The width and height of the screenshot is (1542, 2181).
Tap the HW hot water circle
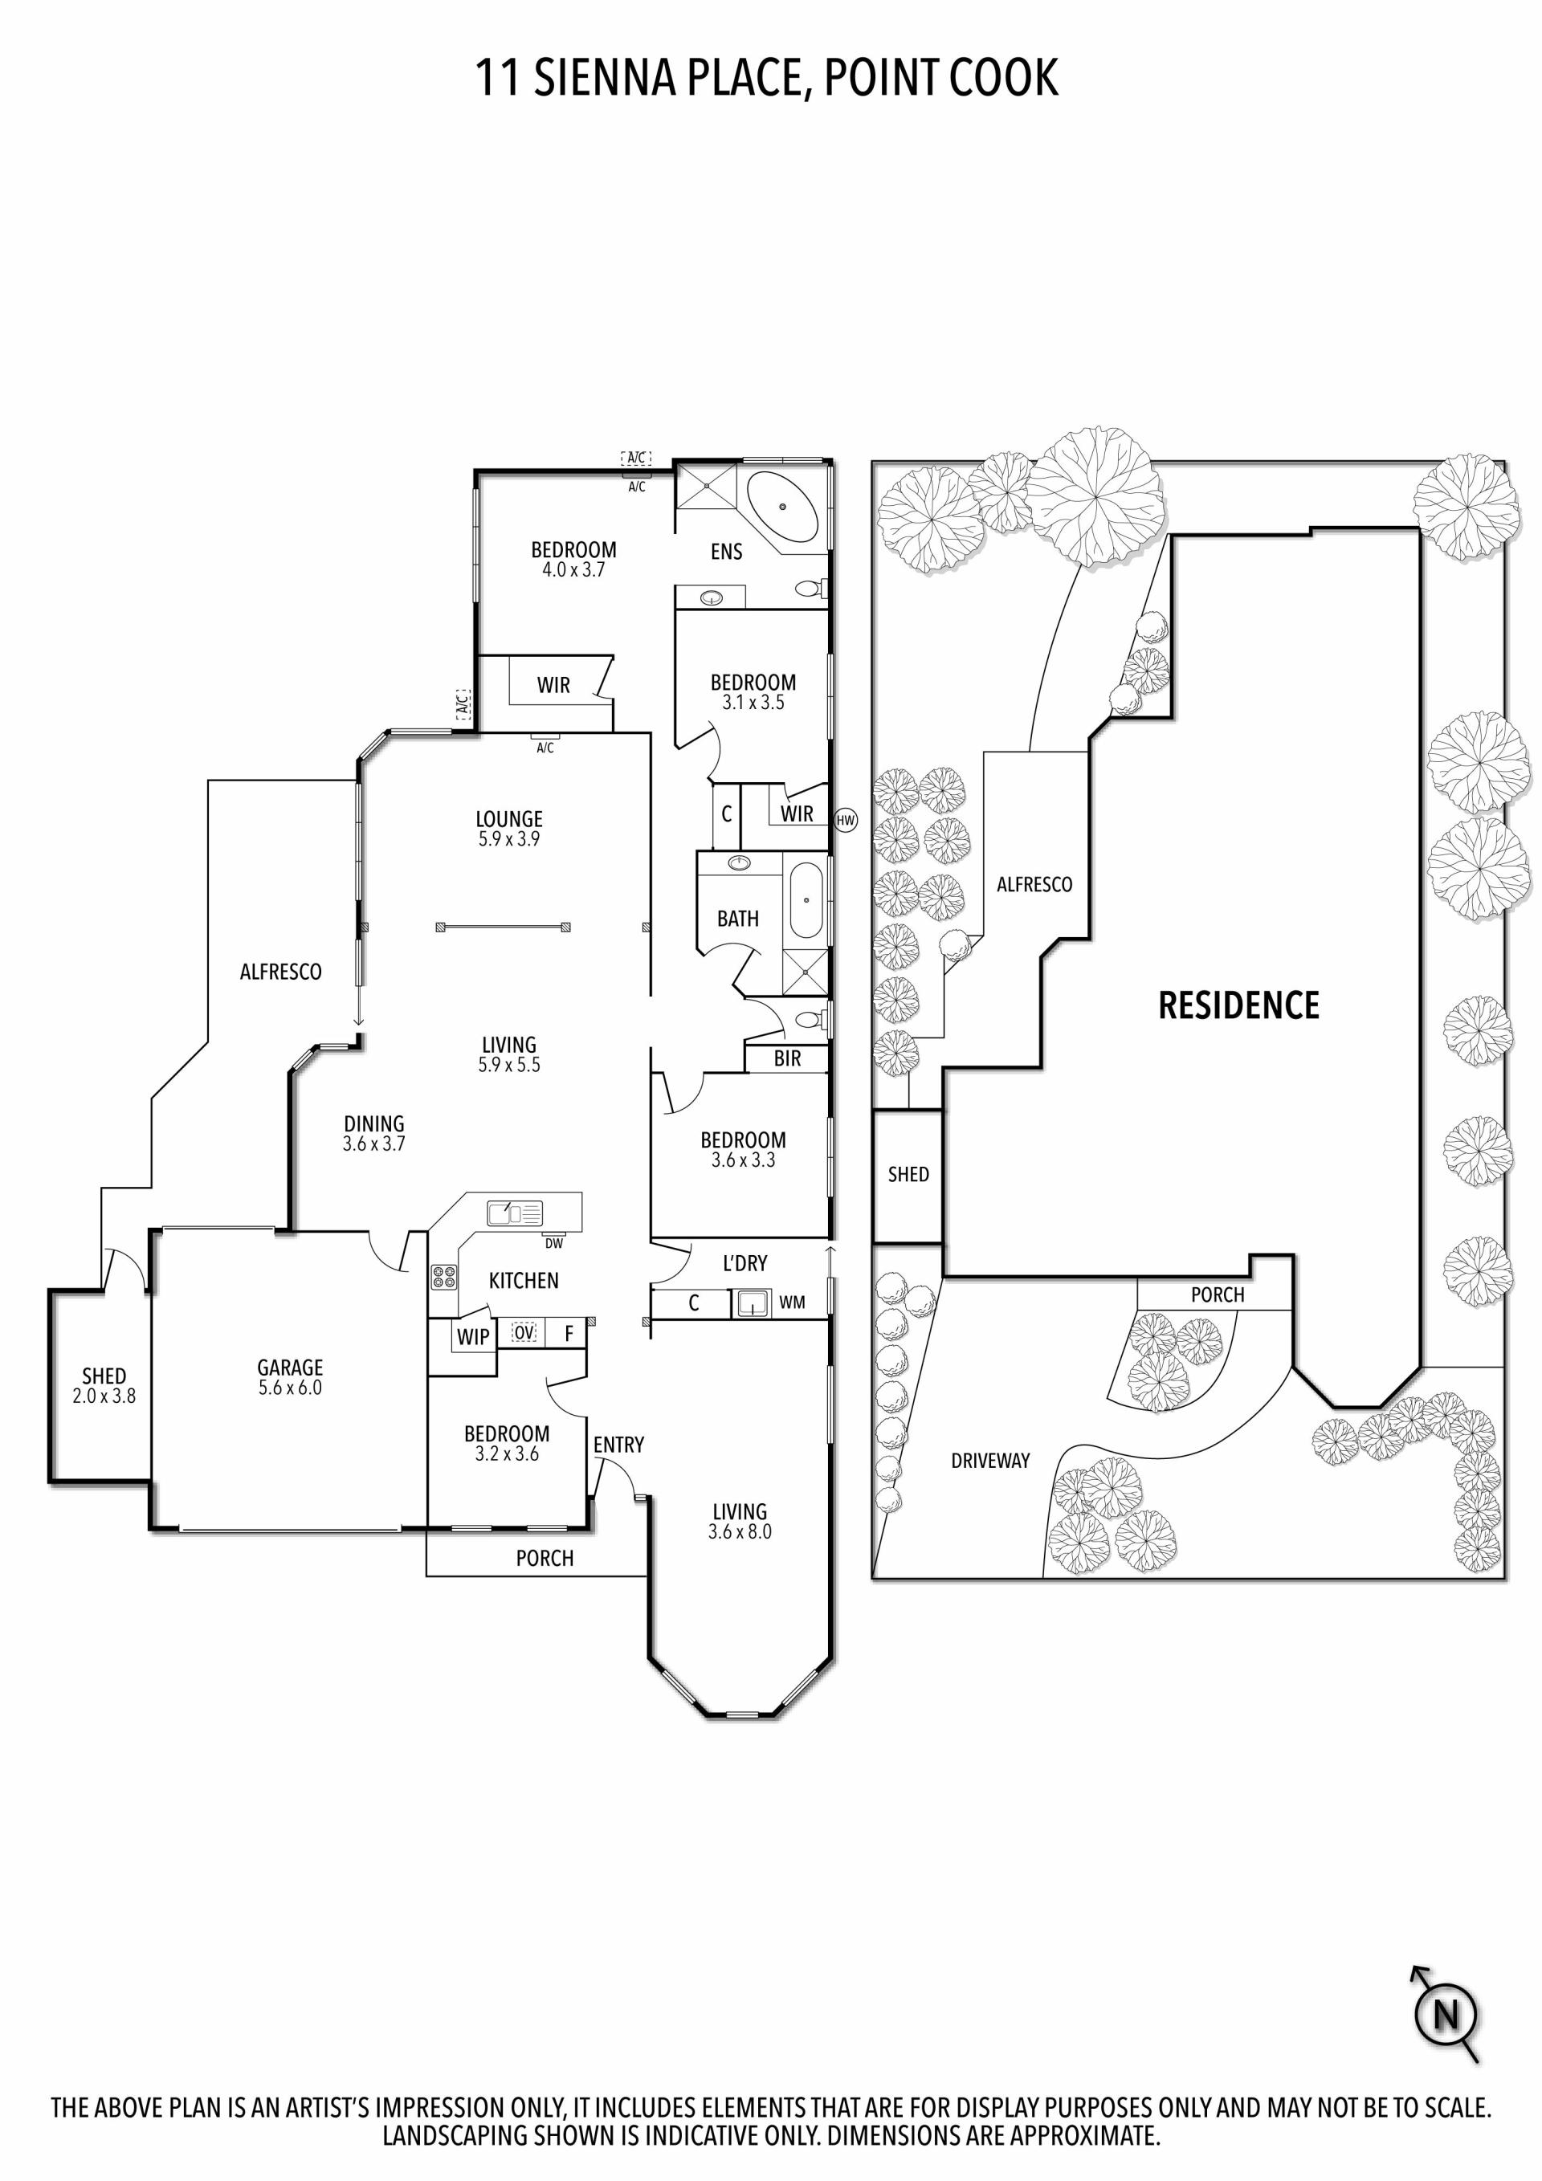click(846, 820)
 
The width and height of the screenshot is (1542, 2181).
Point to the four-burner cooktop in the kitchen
click(443, 1277)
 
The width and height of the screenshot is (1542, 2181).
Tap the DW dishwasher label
click(554, 1242)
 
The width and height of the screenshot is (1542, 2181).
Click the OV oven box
click(524, 1333)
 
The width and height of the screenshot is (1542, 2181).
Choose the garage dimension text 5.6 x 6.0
click(290, 1388)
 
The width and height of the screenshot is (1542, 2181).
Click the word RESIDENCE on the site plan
click(1239, 1005)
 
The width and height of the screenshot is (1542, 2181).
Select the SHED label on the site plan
click(908, 1174)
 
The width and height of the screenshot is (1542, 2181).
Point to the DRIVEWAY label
click(990, 1461)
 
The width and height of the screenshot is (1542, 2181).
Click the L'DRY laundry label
click(744, 1263)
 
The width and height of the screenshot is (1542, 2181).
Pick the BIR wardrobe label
click(787, 1058)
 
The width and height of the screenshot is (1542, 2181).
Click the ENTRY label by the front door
click(618, 1445)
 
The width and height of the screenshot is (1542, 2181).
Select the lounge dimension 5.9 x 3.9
click(509, 839)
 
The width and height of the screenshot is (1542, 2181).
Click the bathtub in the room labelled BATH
click(806, 898)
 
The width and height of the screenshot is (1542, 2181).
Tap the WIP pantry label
click(473, 1336)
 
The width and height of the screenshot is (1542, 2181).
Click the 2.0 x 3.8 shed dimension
click(104, 1396)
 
